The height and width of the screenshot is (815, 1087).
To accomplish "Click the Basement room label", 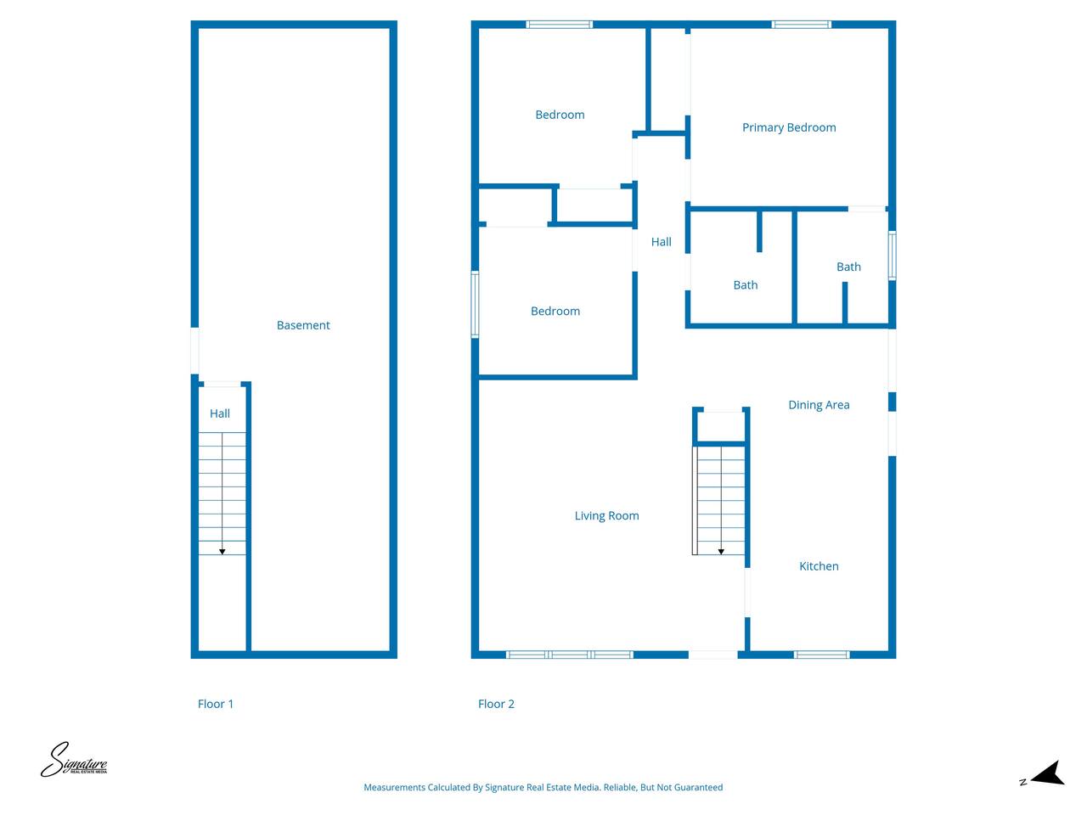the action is pos(302,325).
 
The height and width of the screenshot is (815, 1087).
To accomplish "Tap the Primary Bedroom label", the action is pos(788,127).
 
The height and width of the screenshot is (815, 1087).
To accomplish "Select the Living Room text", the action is pos(606,515).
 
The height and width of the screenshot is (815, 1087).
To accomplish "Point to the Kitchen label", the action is pos(819,566).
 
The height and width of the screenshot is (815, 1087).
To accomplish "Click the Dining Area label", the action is pos(819,405).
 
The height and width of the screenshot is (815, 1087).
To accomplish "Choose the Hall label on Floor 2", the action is pos(661,242).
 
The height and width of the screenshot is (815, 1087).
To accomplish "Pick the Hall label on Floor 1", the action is pos(219,413).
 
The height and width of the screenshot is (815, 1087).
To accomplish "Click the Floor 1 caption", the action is pos(215,704).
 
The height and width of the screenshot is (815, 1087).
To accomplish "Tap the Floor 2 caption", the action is pos(496,704).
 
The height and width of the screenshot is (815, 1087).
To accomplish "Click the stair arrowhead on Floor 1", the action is pos(222,552).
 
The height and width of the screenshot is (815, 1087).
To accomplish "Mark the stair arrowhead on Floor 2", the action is pos(721,552).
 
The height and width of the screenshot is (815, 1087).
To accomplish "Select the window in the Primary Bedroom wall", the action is pos(801,25).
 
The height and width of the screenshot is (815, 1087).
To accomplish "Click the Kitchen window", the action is pos(821,655).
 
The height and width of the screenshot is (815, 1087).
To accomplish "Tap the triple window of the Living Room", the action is pos(570,655).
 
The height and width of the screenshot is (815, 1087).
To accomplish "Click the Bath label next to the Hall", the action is pos(745,285).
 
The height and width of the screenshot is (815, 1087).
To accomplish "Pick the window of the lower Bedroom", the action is pos(475,304).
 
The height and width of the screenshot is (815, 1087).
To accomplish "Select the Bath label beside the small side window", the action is pos(848,267).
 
